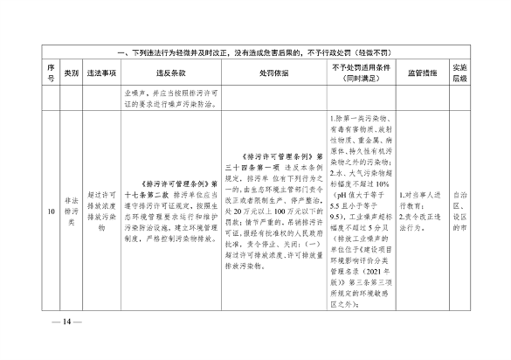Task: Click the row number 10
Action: [x=52, y=211]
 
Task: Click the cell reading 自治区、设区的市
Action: [x=461, y=211]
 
